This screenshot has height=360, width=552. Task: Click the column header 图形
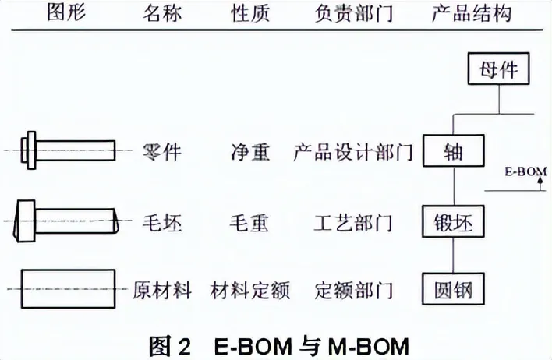(x=66, y=13)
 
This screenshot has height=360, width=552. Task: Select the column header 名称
(x=162, y=14)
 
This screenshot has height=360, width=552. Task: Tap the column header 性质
(x=250, y=14)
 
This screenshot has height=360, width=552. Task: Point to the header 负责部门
(x=353, y=14)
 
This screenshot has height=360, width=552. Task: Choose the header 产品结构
(x=472, y=14)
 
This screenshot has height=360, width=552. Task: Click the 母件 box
(x=498, y=69)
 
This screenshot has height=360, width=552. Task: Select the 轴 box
(x=454, y=150)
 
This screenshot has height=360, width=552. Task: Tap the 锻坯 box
(x=454, y=221)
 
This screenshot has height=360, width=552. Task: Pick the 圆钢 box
(x=454, y=289)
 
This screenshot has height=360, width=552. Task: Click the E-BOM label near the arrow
(x=525, y=171)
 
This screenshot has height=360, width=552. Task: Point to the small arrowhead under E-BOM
(x=541, y=181)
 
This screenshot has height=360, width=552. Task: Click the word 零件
(x=162, y=153)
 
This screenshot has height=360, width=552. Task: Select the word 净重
(x=250, y=153)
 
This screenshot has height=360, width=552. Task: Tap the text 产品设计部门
(x=352, y=152)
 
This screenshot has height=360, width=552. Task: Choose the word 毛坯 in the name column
(x=162, y=223)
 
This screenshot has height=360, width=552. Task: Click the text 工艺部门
(x=353, y=223)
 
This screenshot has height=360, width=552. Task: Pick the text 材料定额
(x=250, y=291)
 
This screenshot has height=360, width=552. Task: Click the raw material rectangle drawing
(x=69, y=289)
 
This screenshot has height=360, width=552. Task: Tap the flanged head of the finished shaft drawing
(x=29, y=150)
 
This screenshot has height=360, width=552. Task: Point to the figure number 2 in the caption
(x=184, y=347)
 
